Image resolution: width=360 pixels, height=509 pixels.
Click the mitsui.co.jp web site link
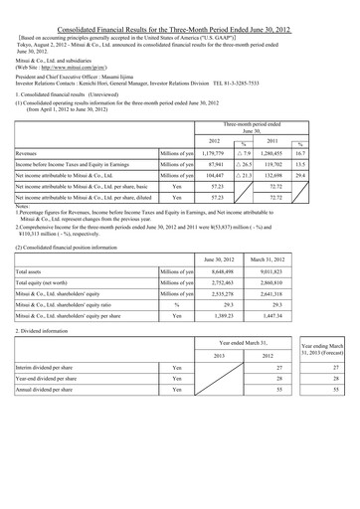tap(109, 60)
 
